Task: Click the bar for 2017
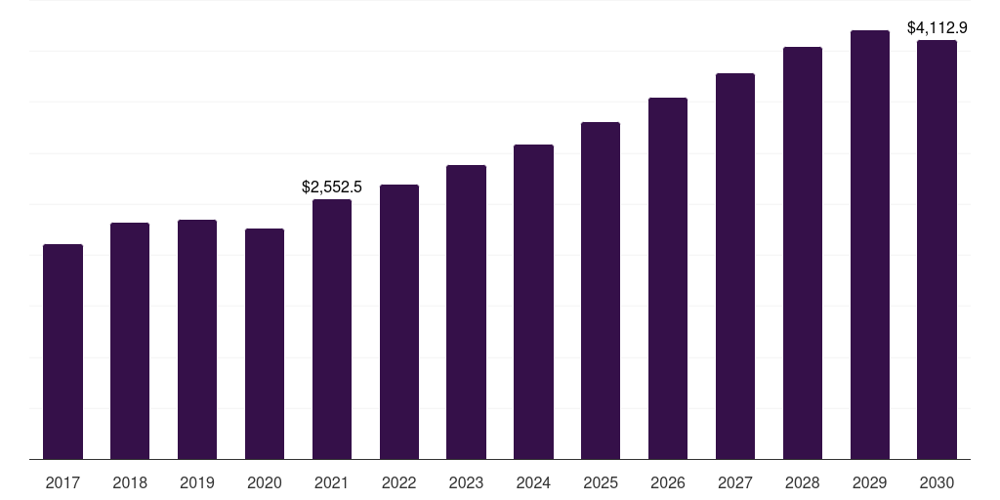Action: click(x=62, y=352)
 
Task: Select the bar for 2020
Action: click(x=265, y=344)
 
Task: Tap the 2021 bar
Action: click(x=332, y=329)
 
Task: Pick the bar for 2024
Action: click(x=533, y=302)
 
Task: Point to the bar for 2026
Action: click(x=668, y=278)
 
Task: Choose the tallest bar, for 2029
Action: click(x=870, y=244)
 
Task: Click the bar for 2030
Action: click(x=937, y=249)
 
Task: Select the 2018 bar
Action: click(x=130, y=341)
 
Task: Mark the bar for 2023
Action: click(x=466, y=312)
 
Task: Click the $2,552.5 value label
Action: click(x=332, y=187)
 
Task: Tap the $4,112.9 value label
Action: click(x=937, y=28)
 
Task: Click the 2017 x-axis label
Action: click(x=62, y=483)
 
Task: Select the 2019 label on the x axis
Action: click(x=197, y=483)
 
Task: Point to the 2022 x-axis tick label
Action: click(x=399, y=483)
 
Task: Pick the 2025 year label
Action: click(x=601, y=483)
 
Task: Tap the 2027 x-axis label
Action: click(x=735, y=483)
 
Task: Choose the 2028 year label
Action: click(x=803, y=483)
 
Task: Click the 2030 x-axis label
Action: click(x=937, y=483)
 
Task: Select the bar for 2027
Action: click(x=735, y=266)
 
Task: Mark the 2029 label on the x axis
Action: click(x=870, y=483)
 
